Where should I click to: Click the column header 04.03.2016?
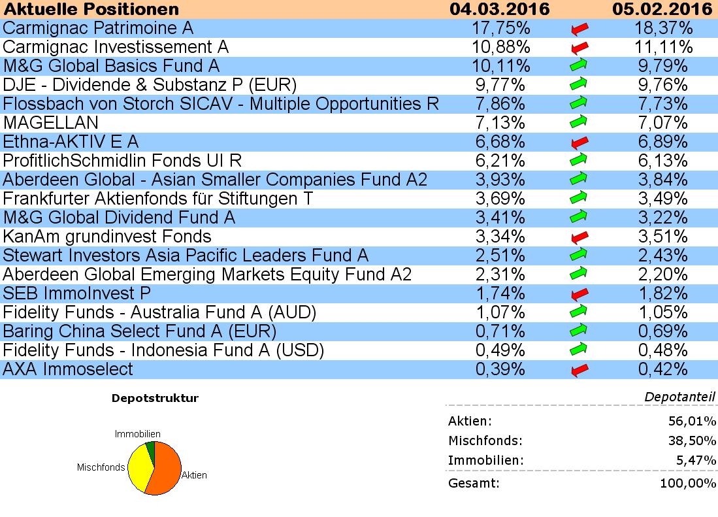pyautogui.click(x=500, y=9)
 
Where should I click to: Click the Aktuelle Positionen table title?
pyautogui.click(x=91, y=9)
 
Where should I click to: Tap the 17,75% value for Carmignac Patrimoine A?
pyautogui.click(x=500, y=28)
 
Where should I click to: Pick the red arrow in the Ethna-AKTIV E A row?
pyautogui.click(x=579, y=142)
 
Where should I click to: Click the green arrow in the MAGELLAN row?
pyautogui.click(x=579, y=123)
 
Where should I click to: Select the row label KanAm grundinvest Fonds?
pyautogui.click(x=107, y=237)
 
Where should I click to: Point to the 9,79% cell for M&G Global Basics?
pyautogui.click(x=662, y=66)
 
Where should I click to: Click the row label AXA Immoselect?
pyautogui.click(x=68, y=369)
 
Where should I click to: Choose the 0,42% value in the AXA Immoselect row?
pyautogui.click(x=662, y=369)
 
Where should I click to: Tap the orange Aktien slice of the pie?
pyautogui.click(x=163, y=469)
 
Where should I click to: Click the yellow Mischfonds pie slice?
pyautogui.click(x=139, y=467)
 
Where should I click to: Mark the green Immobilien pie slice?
pyautogui.click(x=151, y=448)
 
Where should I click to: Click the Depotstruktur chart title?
pyautogui.click(x=155, y=398)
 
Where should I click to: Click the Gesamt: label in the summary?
pyautogui.click(x=474, y=484)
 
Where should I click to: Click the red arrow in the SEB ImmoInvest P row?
pyautogui.click(x=579, y=293)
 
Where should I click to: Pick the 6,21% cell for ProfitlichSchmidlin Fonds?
pyautogui.click(x=500, y=161)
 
